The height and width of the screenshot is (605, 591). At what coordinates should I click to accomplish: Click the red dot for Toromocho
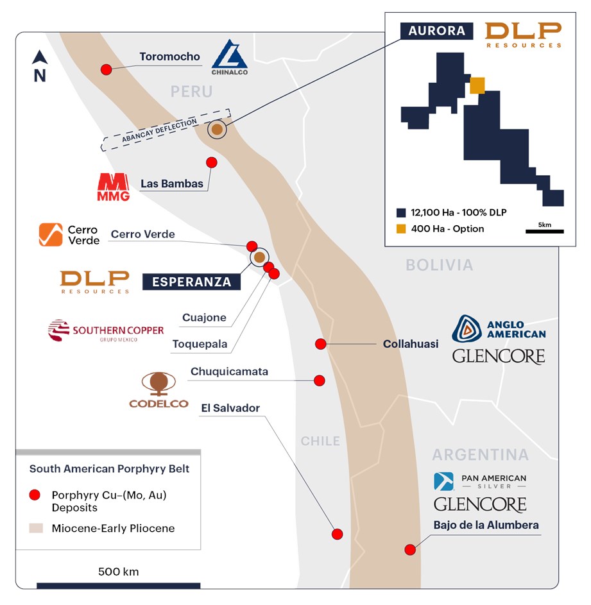107,69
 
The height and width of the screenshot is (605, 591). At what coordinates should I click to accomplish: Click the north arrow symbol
40,66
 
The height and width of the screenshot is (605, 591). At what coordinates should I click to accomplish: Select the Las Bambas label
172,184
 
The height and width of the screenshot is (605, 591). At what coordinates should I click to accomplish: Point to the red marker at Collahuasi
320,344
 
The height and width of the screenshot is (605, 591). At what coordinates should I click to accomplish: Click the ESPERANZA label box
191,281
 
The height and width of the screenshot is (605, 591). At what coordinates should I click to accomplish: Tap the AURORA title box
437,30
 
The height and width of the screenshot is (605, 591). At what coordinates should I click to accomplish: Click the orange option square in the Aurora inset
477,85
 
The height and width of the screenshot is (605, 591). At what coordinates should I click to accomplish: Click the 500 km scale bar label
118,572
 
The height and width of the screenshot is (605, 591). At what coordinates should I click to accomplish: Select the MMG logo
113,187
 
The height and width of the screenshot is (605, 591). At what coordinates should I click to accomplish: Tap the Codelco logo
158,390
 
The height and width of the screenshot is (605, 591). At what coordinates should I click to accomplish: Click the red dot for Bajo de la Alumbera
409,549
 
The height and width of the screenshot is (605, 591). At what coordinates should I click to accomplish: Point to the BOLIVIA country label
440,265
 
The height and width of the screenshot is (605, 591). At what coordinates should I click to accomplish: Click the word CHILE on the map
320,441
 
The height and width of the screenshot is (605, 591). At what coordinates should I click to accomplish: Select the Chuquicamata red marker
319,380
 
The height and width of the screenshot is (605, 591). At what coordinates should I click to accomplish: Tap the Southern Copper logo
106,330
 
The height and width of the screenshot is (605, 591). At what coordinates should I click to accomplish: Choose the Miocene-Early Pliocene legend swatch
35,529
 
